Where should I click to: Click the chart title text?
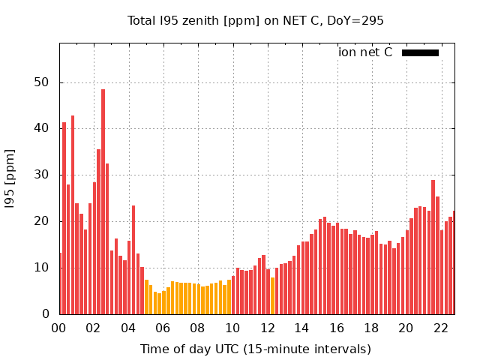coord(255,20)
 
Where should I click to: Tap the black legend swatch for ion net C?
coord(420,52)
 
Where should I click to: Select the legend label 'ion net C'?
coord(365,52)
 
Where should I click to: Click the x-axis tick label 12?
coord(267,328)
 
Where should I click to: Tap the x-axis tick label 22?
coord(440,328)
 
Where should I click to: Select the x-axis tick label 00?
coord(58,328)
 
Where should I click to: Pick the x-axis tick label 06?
coord(163,328)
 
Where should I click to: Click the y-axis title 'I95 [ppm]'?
coord(10,178)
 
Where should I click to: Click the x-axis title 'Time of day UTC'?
coord(255,349)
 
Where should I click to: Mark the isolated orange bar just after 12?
coord(272,295)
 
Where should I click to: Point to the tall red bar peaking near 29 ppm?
coord(433,247)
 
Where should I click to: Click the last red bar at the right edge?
coord(454,262)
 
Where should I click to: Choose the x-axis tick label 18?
coord(371,328)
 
